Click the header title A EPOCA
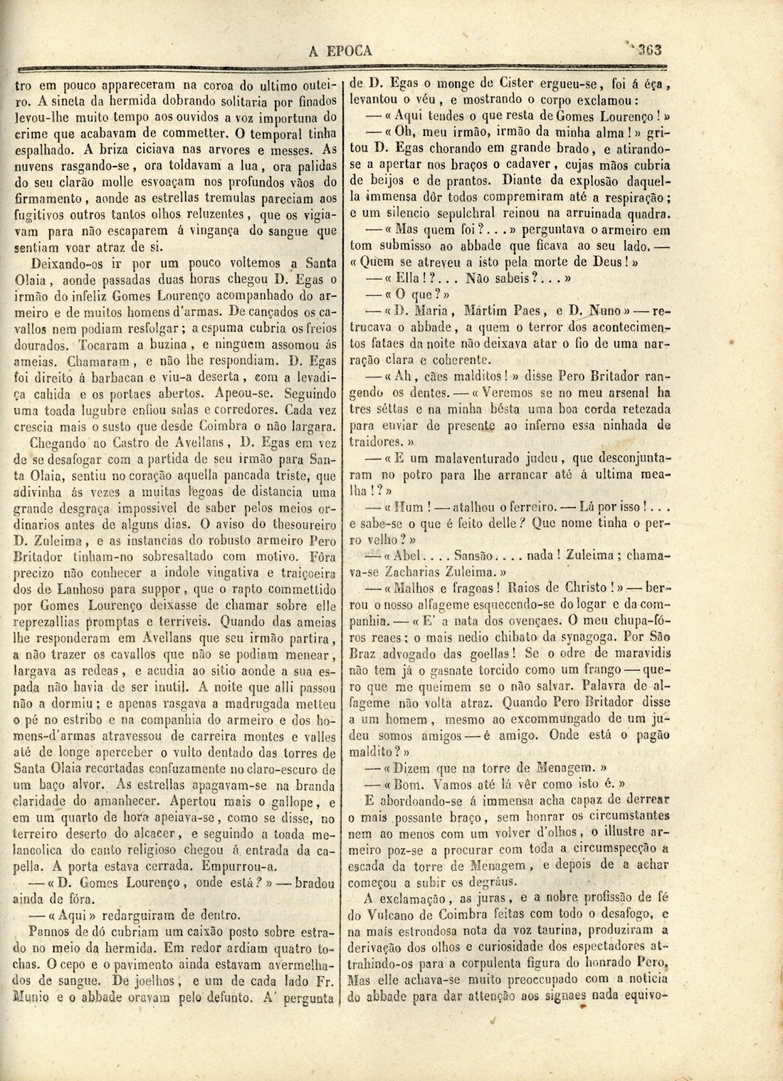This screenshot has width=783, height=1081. click(342, 51)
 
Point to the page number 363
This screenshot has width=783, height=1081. click(649, 50)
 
